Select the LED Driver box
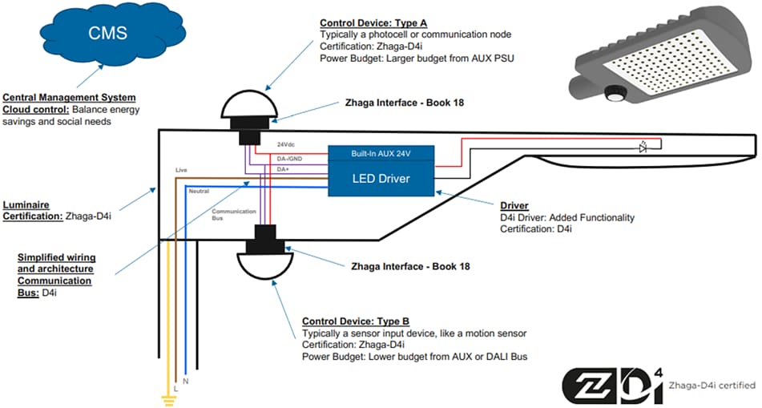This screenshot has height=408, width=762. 381,179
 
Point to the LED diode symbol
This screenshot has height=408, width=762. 642,147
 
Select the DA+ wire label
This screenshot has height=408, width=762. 283,169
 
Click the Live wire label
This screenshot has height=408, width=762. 182,170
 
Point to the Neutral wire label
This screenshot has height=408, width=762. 198,191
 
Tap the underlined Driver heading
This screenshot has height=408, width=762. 514,206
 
